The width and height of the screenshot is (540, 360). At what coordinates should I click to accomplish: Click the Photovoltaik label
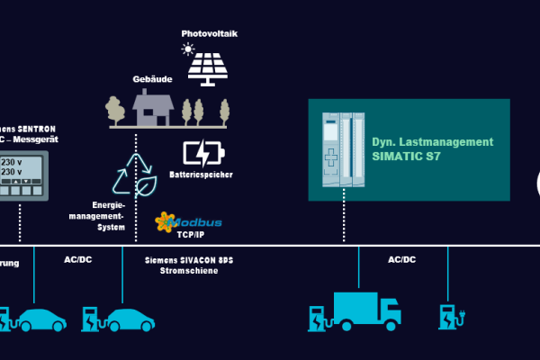(210, 33)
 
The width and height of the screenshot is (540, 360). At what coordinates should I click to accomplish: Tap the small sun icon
(188, 49)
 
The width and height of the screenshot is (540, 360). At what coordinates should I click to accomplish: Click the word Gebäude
(153, 79)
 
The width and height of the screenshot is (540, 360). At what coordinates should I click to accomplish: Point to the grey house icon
(153, 108)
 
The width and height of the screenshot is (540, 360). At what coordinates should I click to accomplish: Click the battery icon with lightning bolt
(201, 152)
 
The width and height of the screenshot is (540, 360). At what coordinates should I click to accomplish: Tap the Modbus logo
(188, 220)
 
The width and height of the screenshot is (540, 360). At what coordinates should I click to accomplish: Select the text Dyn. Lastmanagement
(433, 141)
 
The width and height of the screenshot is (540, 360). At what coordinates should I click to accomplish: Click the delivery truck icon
(366, 310)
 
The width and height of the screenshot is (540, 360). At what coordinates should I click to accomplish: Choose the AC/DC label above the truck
(401, 259)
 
